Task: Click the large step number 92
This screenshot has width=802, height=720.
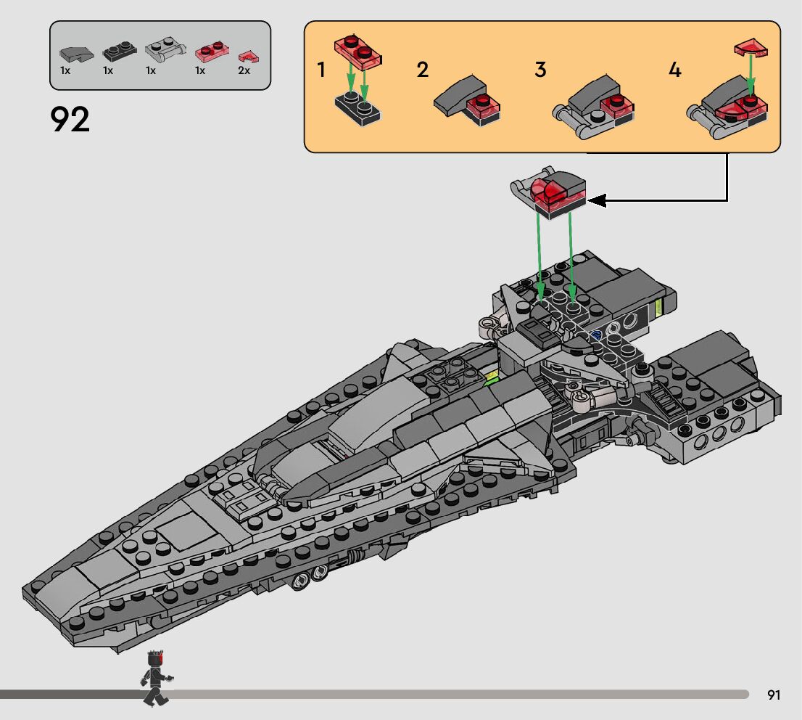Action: click(x=70, y=120)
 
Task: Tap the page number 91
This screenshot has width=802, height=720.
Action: click(x=774, y=695)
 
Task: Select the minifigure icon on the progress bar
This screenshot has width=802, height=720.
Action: click(x=156, y=678)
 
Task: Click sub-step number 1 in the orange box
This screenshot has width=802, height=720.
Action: click(x=321, y=70)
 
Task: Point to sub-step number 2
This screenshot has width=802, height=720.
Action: click(x=423, y=70)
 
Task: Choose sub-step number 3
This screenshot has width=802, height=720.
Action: click(x=540, y=70)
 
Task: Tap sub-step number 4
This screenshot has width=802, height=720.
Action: click(x=675, y=70)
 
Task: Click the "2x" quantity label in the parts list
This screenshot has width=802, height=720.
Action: click(x=244, y=70)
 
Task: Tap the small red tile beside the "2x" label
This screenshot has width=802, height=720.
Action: click(x=249, y=55)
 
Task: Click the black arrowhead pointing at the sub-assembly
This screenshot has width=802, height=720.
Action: click(x=596, y=200)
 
